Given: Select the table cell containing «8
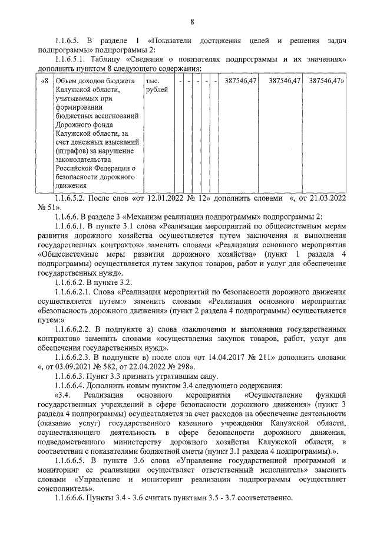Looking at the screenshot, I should (x=44, y=80).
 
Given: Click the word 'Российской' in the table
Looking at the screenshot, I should (x=74, y=168).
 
